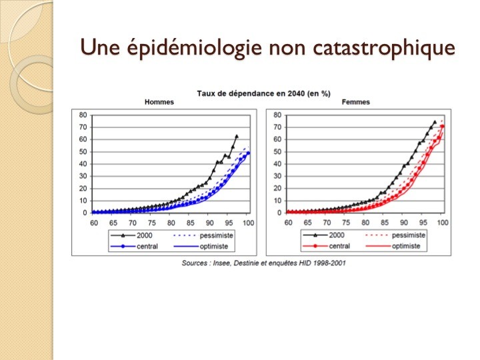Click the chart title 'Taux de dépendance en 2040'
point(254,93)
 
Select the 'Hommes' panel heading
point(159,102)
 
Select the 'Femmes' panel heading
point(356,102)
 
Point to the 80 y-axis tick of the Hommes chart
point(83,115)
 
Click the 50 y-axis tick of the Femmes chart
point(277,151)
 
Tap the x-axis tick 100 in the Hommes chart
point(248,223)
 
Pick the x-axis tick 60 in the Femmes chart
point(288,223)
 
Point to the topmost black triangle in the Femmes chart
point(435,122)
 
